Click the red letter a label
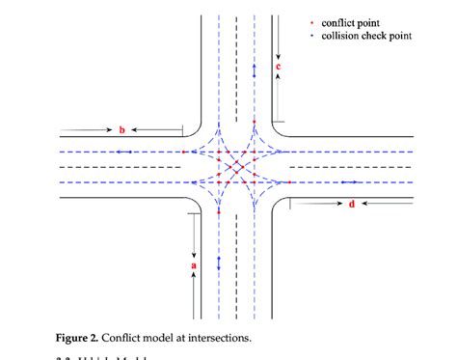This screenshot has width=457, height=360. tap(194, 263)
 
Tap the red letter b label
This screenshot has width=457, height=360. tap(121, 129)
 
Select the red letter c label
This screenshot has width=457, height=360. tap(278, 68)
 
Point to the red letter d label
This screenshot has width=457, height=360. tap(351, 204)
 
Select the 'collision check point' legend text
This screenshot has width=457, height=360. tap(366, 36)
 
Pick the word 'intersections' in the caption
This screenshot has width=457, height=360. tap(223, 338)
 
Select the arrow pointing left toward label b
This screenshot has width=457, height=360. tap(154, 128)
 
